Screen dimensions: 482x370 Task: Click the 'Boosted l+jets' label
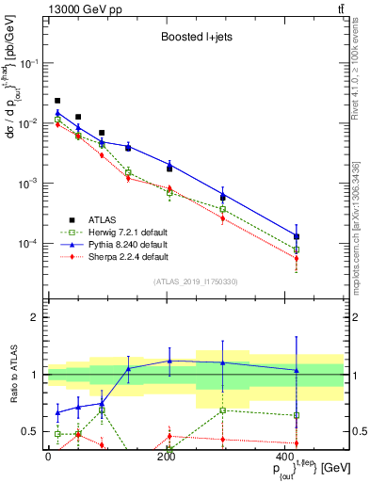click(195, 38)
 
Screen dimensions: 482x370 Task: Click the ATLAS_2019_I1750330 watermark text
click(195, 281)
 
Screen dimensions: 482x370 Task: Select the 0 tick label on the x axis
click(48, 457)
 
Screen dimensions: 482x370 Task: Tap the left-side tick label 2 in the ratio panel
click(35, 317)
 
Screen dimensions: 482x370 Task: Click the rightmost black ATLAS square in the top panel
click(297, 236)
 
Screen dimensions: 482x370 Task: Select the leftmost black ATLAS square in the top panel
click(57, 100)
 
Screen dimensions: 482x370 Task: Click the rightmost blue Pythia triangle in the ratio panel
click(297, 370)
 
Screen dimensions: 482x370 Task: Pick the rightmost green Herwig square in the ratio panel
click(297, 415)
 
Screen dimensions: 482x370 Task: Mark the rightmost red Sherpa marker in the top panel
click(297, 258)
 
